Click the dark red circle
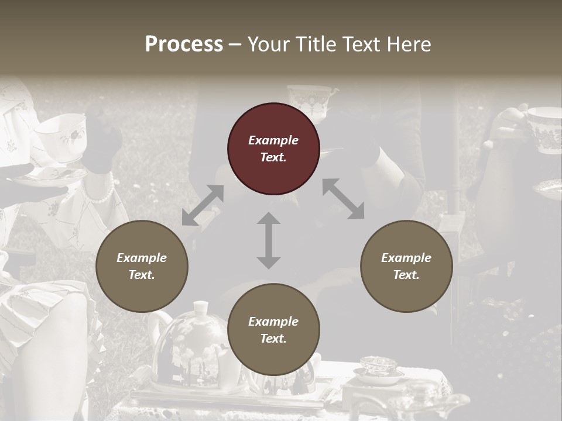(x=273, y=149)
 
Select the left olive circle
(x=142, y=266)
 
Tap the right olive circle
(x=406, y=266)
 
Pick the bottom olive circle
(x=273, y=330)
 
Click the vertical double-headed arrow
(x=269, y=240)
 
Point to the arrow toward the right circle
(x=343, y=199)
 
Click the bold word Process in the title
(x=184, y=44)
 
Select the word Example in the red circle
(x=273, y=140)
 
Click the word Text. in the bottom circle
(x=273, y=339)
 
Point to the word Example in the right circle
(x=406, y=258)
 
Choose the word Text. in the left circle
(x=142, y=275)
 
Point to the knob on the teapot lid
(x=201, y=307)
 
